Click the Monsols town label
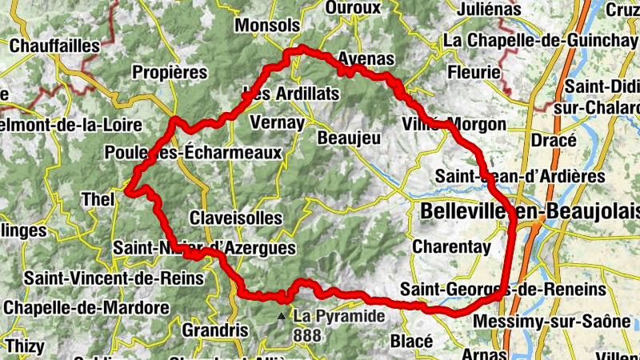[x=266, y=25]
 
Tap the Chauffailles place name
[x=55, y=46]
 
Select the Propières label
[x=170, y=72]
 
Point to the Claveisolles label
[x=236, y=218]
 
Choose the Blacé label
[x=412, y=341]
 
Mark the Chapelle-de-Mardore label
[x=86, y=307]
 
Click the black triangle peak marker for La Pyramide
[x=281, y=317]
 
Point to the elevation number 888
[x=308, y=336]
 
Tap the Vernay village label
[x=277, y=122]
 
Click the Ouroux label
[x=354, y=8]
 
